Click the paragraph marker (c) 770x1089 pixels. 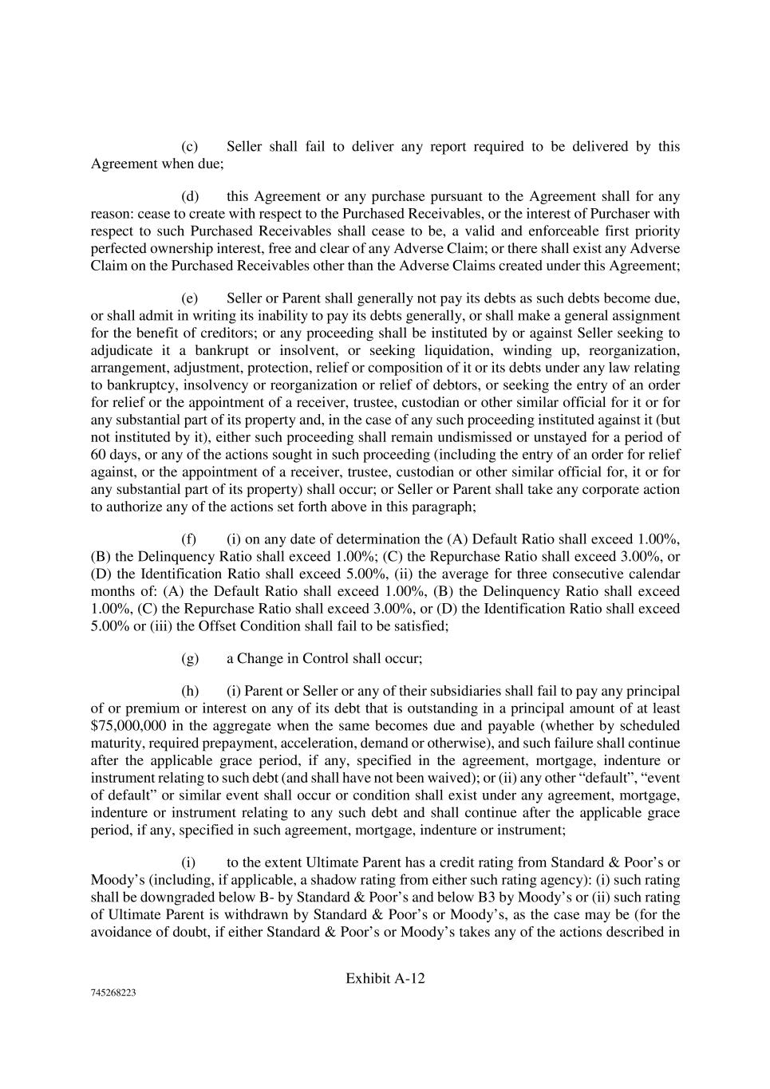tap(190, 147)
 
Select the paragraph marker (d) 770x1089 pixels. tap(190, 196)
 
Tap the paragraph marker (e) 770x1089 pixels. tap(190, 298)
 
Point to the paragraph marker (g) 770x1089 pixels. tap(190, 658)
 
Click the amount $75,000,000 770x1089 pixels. tap(128, 726)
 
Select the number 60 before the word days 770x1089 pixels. tap(99, 455)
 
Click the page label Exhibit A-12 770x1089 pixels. tap(385, 979)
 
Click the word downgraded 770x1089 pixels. tap(170, 898)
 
